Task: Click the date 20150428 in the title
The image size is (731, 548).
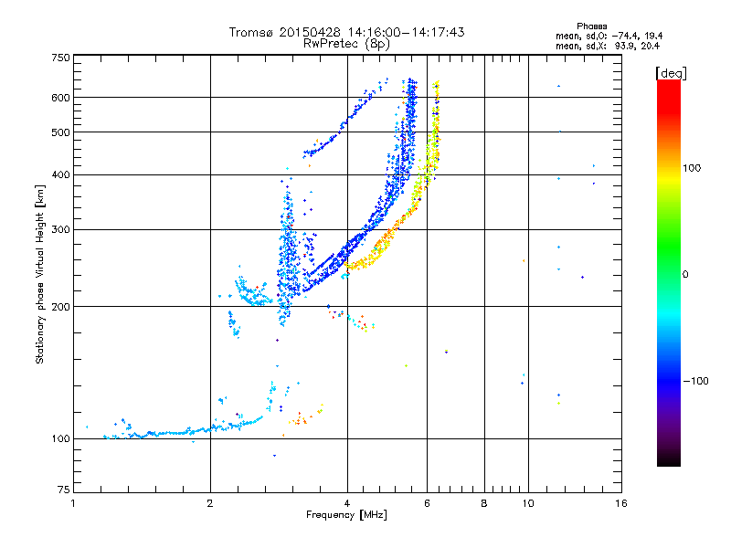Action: tap(310, 32)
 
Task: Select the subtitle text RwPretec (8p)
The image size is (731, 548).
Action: tap(346, 44)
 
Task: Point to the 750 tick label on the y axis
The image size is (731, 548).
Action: tap(61, 58)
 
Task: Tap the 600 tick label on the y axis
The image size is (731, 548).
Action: tap(61, 98)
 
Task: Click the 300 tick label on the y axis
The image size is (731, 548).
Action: tap(61, 230)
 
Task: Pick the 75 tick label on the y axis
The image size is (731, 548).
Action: tap(64, 490)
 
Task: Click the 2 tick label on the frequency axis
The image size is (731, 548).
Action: tap(210, 503)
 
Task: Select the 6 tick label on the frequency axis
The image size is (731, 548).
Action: tap(427, 503)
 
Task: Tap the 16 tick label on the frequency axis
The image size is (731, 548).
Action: tap(621, 503)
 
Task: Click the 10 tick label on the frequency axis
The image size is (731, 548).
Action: tap(528, 503)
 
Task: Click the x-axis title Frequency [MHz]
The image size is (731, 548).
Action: tap(346, 515)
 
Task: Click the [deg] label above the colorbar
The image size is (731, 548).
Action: tap(671, 74)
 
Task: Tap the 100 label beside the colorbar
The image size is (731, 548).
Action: tap(692, 168)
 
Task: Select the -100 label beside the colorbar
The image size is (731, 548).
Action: tap(696, 381)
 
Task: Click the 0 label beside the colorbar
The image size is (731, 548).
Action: tap(685, 275)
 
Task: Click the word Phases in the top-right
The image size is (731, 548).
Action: tap(591, 26)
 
